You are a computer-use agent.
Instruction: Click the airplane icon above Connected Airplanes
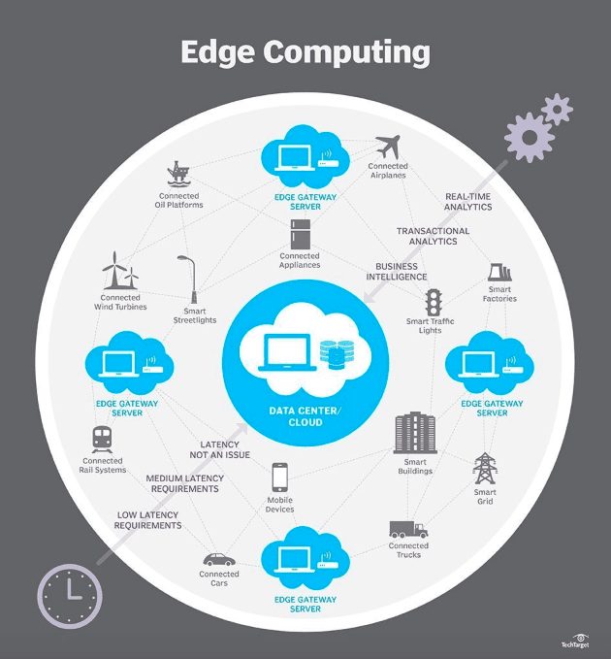click(388, 147)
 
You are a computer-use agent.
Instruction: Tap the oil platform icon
click(178, 173)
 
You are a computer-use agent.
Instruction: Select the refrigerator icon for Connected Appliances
click(301, 234)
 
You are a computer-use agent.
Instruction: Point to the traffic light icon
click(433, 303)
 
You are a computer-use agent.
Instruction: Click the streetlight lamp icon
click(189, 280)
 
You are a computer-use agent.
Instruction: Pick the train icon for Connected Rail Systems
click(102, 440)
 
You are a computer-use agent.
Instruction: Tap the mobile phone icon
click(279, 477)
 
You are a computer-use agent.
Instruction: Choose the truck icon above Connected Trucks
click(408, 530)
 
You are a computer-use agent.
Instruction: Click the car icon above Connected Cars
click(219, 559)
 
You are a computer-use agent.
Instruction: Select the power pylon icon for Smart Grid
click(485, 468)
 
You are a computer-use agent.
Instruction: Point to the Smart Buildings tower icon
click(415, 433)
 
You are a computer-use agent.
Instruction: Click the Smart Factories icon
click(499, 272)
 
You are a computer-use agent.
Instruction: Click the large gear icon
click(529, 137)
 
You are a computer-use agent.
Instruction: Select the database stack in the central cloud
click(337, 354)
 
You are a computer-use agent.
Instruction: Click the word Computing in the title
click(346, 52)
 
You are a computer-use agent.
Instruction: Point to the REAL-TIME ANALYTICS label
click(467, 202)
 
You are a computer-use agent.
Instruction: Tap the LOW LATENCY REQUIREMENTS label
click(147, 520)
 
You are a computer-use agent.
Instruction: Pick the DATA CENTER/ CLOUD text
click(305, 416)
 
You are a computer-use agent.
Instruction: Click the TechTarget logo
click(576, 641)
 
